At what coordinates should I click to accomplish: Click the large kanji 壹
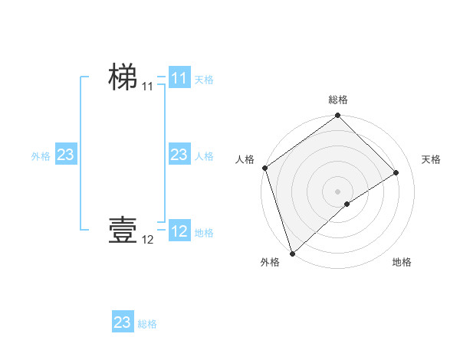coord(123,230)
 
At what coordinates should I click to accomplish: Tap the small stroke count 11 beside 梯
coord(147,87)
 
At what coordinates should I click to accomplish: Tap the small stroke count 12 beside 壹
coord(147,240)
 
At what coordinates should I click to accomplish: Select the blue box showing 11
coord(179,78)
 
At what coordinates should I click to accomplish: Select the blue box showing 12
coord(179,231)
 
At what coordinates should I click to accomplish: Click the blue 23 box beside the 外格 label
coord(65,155)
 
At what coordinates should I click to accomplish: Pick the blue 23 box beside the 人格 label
coord(179,155)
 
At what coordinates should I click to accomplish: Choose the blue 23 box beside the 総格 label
coord(123,322)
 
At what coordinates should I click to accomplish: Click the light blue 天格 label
coord(204,80)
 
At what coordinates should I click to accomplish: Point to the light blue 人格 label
coord(204,156)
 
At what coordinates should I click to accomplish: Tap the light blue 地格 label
coord(204,233)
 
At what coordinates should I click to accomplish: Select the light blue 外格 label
coord(41,156)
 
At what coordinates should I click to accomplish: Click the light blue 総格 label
coord(147,324)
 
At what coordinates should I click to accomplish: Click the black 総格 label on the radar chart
coord(338,100)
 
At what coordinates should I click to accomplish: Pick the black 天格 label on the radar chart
coord(432,159)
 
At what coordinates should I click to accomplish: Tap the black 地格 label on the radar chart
coord(402,263)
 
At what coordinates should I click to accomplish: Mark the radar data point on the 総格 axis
coord(338,116)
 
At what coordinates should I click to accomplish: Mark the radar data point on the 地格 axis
coord(347,204)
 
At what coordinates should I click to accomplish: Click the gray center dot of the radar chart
coord(338,191)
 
